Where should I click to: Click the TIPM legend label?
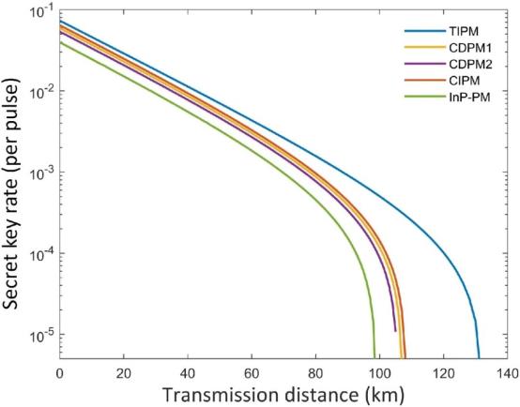[464, 32]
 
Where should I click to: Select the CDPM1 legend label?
[470, 48]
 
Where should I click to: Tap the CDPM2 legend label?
[470, 64]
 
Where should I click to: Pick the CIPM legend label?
[465, 81]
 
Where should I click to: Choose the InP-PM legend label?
[469, 98]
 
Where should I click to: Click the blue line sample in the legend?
[425, 32]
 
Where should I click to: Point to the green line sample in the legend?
[425, 97]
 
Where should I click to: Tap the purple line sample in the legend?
[425, 64]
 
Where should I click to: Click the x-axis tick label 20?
[124, 373]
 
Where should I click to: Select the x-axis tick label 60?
[252, 373]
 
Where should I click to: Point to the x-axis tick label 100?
[379, 373]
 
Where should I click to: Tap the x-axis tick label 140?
[508, 373]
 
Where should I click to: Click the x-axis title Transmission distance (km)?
[283, 396]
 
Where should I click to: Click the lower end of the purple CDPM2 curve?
[395, 331]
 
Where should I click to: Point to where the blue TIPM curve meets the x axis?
[479, 358]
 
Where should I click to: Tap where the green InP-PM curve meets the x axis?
[375, 358]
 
